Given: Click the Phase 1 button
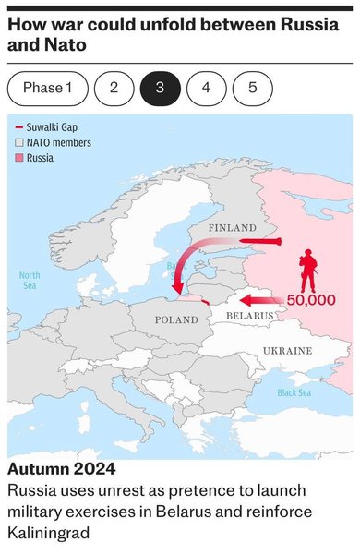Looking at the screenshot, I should pos(47,88).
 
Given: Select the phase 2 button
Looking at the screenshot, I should pos(114,88).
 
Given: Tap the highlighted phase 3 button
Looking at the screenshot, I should pos(160,88).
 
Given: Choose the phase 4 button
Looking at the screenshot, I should pos(206,88).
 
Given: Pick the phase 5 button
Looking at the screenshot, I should pos(252,88).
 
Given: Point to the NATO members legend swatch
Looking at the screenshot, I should pos(18,142).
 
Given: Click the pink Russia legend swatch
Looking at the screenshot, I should pos(18,158).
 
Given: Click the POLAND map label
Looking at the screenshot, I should pos(175,319).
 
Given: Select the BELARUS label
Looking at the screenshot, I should pos(250,315).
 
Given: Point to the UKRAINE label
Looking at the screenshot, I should pos(287,351).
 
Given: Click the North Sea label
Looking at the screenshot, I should pos(30,281).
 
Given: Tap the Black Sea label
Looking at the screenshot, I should pos(294,392).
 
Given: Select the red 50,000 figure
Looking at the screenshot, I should pos(310,300).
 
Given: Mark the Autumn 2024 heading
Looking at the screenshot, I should pos(62,468).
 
